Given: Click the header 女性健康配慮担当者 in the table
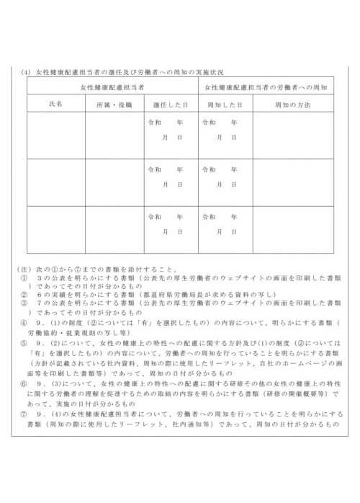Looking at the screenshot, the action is coord(112,87).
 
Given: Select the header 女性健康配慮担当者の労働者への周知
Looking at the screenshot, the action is coord(266,87).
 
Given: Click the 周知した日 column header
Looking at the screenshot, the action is coord(225,104).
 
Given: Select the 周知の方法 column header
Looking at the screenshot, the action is coord(293,104).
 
